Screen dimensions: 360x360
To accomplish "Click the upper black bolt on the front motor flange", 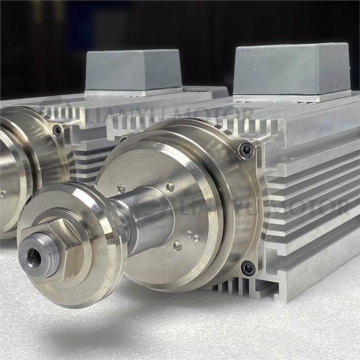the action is point(246,150).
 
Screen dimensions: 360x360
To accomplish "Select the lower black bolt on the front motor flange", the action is point(248,268).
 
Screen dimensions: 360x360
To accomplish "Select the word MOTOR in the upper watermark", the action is point(214,115).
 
